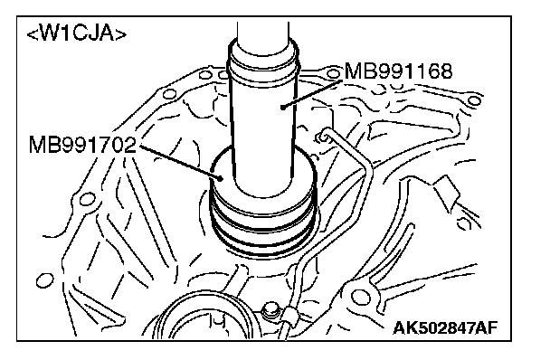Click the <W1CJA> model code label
pos(77,33)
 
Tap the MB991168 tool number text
pos(398,71)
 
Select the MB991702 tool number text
pos(82,145)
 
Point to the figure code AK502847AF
pos(445,328)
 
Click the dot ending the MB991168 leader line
pos(282,107)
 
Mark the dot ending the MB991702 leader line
pos(221,178)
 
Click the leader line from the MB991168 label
pos(312,94)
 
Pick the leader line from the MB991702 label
pos(180,162)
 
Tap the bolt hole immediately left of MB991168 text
pos(333,74)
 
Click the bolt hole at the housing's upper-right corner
pos(474,100)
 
